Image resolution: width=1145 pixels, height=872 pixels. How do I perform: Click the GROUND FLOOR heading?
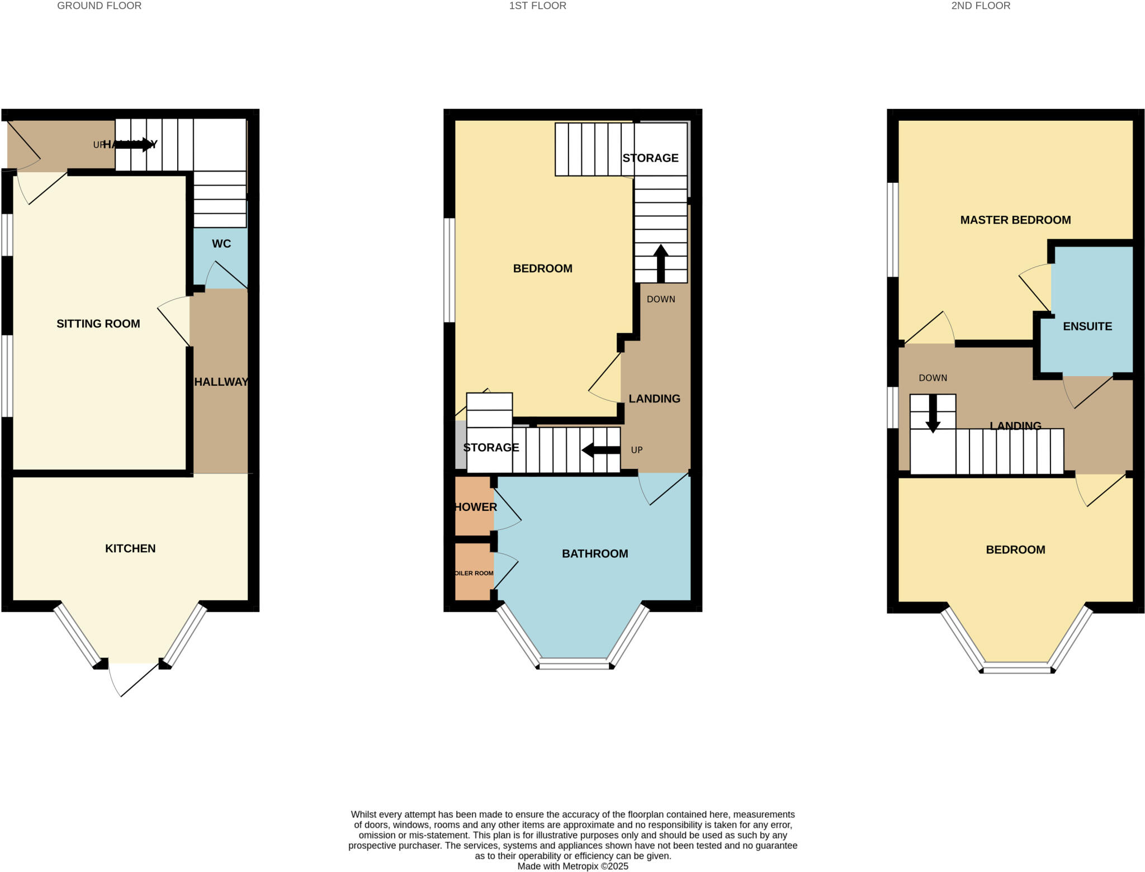point(99,6)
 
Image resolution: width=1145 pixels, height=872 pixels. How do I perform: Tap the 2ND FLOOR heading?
point(981,6)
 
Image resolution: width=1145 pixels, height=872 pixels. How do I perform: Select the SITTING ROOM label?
point(98,324)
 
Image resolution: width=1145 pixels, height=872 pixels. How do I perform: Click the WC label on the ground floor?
point(221,244)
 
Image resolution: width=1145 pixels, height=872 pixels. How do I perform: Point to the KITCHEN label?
point(130,548)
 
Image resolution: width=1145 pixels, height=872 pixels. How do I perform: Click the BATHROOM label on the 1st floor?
point(595,553)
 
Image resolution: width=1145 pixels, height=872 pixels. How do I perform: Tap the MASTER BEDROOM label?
point(1015,220)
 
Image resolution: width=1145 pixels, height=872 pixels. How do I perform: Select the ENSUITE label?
point(1087,326)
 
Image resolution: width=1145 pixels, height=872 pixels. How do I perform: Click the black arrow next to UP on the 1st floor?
point(600,450)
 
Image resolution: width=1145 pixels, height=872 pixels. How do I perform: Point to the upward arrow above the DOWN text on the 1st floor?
point(661,263)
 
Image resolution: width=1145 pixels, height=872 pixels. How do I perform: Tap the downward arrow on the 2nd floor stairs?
point(933,414)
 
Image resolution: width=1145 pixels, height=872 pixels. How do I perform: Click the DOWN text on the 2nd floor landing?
point(933,378)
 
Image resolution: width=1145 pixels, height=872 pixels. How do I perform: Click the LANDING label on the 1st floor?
point(654,399)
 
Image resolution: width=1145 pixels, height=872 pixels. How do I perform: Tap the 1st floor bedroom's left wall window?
point(450,270)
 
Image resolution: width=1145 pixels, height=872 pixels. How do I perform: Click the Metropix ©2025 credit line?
point(572,866)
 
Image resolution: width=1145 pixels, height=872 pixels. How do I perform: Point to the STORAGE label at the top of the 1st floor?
point(650,158)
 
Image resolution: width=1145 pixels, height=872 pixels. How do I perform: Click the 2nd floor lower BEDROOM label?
point(1015,550)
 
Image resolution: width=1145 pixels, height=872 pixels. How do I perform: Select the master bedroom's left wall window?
point(893,230)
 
